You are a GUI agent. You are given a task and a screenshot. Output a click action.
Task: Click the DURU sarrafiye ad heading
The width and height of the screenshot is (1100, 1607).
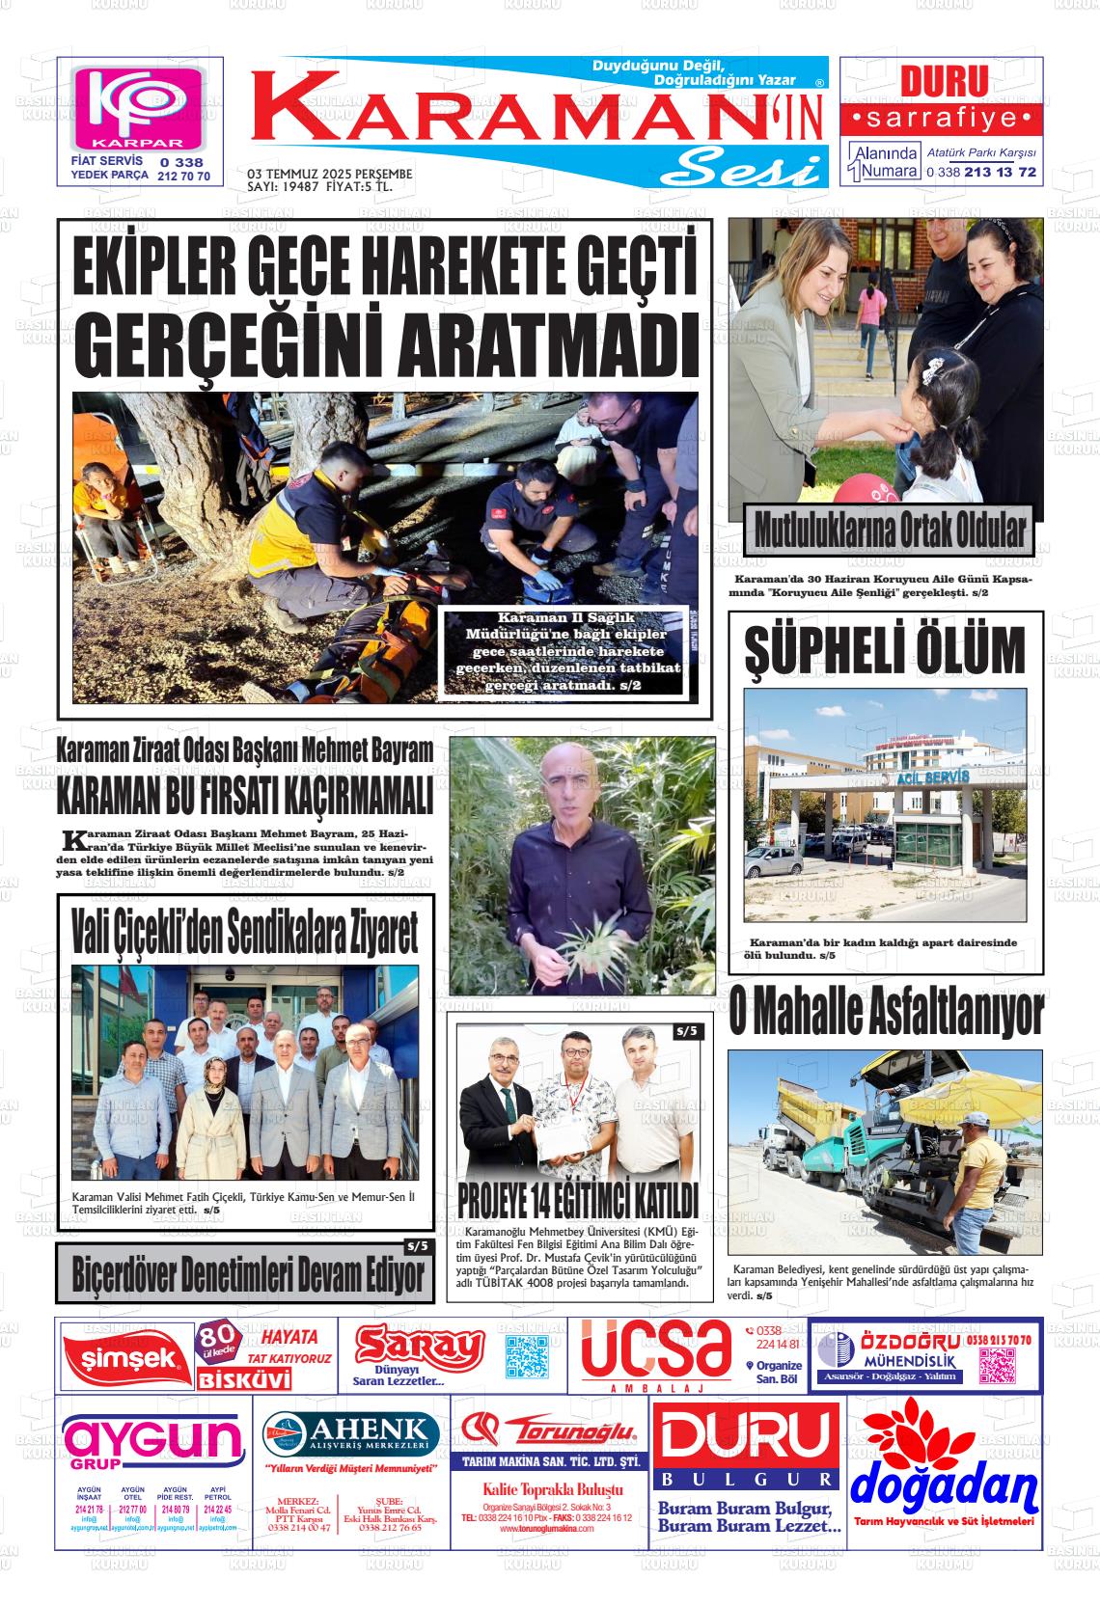[x=944, y=81]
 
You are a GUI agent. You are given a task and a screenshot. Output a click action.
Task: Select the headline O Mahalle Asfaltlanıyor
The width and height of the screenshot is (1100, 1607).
[x=886, y=1014]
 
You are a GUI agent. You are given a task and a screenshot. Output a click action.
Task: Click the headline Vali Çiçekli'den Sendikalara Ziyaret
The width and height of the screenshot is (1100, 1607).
[x=245, y=931]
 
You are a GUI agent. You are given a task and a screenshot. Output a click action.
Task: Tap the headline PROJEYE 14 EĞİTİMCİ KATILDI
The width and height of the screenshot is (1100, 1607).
[x=577, y=1202]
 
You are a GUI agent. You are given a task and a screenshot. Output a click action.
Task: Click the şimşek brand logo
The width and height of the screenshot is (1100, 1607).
[x=122, y=1358]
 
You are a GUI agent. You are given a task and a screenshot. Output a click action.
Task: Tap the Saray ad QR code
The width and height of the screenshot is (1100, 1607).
[x=527, y=1356]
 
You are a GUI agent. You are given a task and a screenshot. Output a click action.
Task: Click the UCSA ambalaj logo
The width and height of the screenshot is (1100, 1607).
[x=656, y=1350]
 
